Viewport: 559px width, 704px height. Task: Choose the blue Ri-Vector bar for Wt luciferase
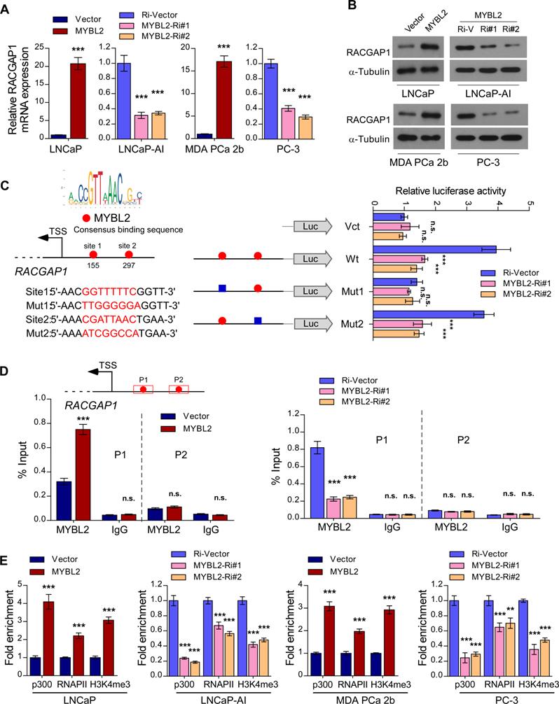click(434, 249)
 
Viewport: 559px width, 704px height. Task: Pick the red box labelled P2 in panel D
click(181, 388)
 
